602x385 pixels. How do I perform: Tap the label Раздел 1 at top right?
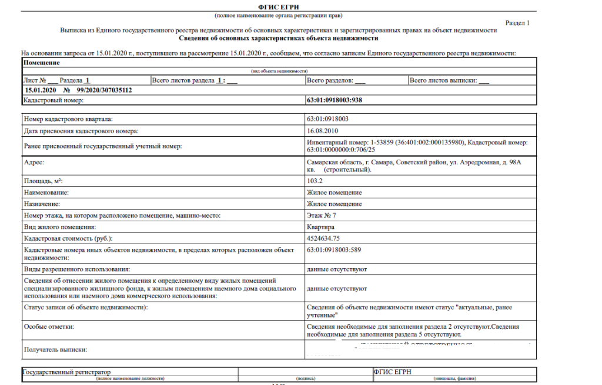(517, 23)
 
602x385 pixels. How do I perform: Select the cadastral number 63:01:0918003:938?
(334, 100)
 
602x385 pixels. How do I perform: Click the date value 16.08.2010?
(322, 131)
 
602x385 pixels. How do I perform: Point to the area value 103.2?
(315, 181)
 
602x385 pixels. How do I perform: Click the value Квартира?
(320, 227)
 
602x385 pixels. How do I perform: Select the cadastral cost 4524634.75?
(323, 239)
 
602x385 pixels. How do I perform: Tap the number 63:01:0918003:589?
(334, 251)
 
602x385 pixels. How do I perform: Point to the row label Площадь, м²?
(44, 181)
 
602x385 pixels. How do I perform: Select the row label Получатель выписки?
(55, 350)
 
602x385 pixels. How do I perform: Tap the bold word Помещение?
(42, 63)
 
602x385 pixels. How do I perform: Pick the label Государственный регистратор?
(67, 372)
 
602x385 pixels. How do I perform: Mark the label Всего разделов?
(330, 80)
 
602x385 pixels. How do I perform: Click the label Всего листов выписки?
(443, 80)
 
